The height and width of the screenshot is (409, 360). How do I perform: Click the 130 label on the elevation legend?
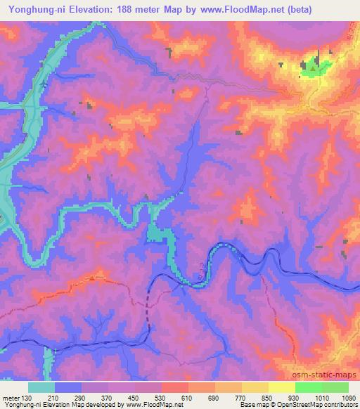coord(26,398)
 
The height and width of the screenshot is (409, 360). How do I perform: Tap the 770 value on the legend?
coord(242,398)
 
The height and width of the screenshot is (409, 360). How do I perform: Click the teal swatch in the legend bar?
coord(41,388)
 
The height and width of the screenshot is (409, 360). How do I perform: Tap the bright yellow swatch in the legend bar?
coord(281,388)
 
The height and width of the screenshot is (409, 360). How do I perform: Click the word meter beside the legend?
coord(10,398)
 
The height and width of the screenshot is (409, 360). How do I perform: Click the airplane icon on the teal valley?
coord(44,85)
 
